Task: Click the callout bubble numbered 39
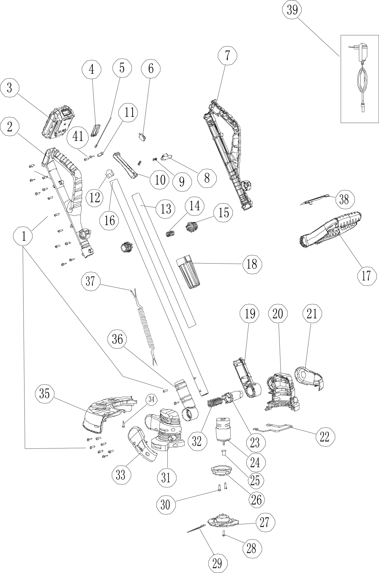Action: click(x=292, y=10)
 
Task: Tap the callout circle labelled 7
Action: click(x=227, y=55)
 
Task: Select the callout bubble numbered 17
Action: click(x=366, y=275)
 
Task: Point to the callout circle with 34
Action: click(x=151, y=400)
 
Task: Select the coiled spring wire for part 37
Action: click(x=146, y=325)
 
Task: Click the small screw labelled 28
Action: click(x=224, y=533)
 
